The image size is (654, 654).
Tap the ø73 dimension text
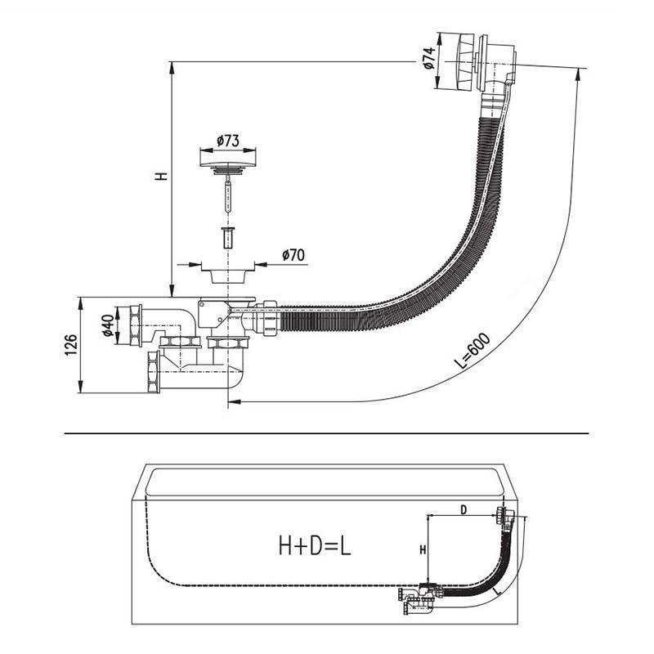[228, 141]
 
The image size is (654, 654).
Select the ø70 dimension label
[293, 254]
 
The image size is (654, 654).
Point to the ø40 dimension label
[108, 325]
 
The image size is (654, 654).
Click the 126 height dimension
[71, 344]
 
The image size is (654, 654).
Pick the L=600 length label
[473, 351]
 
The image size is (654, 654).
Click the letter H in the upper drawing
[161, 176]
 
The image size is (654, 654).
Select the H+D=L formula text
[315, 545]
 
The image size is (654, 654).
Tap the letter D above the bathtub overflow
[464, 509]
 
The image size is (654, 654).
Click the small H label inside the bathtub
[423, 549]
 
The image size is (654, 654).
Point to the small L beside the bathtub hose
[496, 591]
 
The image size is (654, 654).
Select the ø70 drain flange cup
[228, 273]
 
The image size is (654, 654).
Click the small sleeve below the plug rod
[228, 237]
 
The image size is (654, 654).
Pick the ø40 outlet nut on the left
[136, 325]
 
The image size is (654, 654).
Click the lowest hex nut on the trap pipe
[154, 372]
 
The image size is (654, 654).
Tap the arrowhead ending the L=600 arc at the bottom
[235, 401]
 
